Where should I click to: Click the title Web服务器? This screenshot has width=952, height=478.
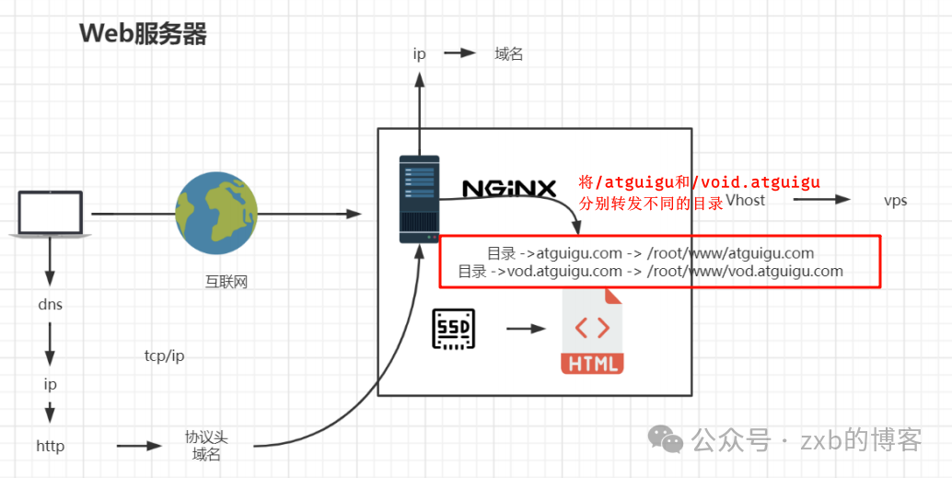click(x=143, y=34)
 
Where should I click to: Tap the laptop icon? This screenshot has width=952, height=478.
click(x=50, y=214)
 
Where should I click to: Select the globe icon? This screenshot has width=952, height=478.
click(x=216, y=214)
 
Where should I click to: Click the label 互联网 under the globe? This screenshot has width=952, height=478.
click(x=226, y=282)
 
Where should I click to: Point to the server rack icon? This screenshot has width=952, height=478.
click(x=419, y=199)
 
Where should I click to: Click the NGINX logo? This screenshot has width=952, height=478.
click(x=509, y=189)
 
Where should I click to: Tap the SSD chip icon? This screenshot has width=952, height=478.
click(x=453, y=329)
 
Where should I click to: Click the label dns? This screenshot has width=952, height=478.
click(x=50, y=304)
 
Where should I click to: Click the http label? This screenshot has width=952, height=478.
click(x=50, y=447)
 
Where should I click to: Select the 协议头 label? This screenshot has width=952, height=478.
click(x=205, y=437)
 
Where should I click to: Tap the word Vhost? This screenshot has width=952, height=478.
click(x=745, y=200)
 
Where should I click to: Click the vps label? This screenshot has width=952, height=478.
click(x=895, y=201)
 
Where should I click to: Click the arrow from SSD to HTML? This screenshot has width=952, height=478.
click(x=526, y=329)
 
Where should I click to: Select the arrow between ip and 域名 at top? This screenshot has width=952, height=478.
click(x=459, y=53)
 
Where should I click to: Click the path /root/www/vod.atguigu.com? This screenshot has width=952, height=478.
click(x=745, y=271)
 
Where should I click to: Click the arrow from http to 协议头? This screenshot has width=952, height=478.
click(x=139, y=447)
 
